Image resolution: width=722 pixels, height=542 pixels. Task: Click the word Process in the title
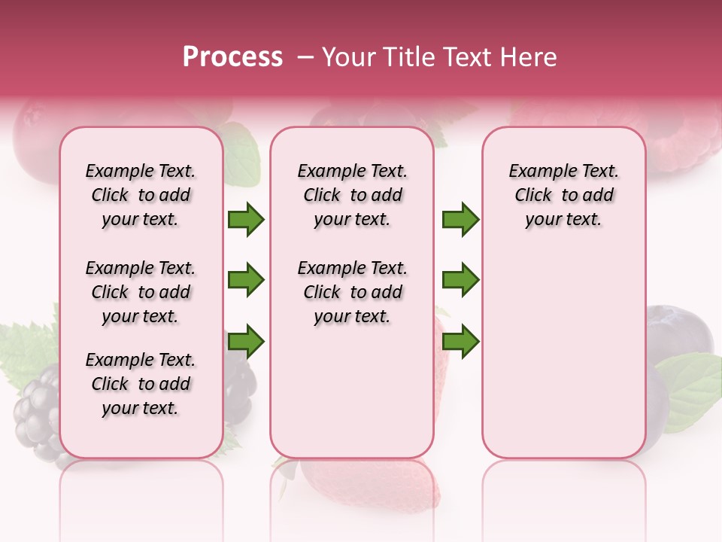click(x=232, y=57)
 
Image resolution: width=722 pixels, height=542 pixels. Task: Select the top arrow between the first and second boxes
click(x=246, y=220)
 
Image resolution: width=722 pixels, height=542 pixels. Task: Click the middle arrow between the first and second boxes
click(x=246, y=280)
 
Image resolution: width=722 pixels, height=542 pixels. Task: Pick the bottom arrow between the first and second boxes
click(x=246, y=342)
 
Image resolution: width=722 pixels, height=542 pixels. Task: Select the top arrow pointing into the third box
click(x=460, y=220)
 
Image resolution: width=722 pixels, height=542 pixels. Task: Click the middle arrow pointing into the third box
click(x=460, y=280)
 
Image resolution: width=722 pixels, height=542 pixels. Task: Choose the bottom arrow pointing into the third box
click(x=460, y=342)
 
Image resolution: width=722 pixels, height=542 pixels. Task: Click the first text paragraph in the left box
click(x=141, y=195)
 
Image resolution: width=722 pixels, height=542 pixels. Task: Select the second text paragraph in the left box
click(x=141, y=292)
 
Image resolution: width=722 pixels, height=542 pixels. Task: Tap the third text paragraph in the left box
click(x=141, y=384)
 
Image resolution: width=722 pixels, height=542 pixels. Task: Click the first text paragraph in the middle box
click(x=353, y=195)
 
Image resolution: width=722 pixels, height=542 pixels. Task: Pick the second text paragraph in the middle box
click(x=353, y=292)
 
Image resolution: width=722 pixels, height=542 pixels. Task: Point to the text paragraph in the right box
click(x=564, y=195)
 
